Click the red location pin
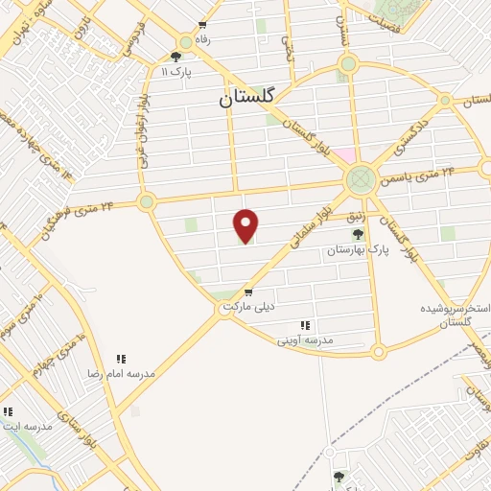coord(246,225)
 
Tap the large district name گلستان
coord(246,97)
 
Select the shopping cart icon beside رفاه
coord(200,26)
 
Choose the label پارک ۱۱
coord(177,71)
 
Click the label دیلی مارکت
coord(248,307)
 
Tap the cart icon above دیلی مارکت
coord(248,292)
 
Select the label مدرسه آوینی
coord(305,339)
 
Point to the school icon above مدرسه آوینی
coord(305,325)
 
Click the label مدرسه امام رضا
coord(122,372)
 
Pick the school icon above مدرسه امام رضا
coord(122,358)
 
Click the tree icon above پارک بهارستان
coord(358,234)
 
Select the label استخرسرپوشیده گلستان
coord(456,316)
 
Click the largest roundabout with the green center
coord(362,178)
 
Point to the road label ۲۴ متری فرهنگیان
coord(78,216)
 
